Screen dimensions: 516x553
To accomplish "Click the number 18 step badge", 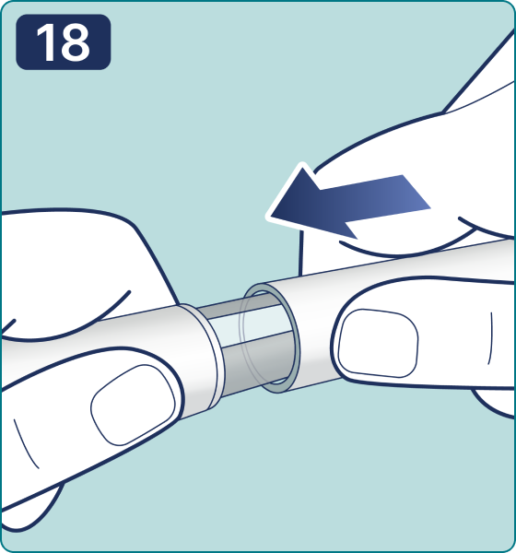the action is [x=64, y=42].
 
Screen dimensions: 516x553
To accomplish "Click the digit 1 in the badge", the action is [x=45, y=42].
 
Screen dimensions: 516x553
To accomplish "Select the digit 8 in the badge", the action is [x=76, y=42].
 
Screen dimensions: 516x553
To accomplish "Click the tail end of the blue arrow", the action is [x=416, y=193].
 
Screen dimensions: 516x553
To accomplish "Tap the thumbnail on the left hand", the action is [x=133, y=405].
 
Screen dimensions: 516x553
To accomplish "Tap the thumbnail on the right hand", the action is [x=378, y=343].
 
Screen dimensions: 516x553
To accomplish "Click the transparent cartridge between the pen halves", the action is [x=247, y=344].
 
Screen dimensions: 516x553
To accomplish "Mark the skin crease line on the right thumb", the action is [x=490, y=338].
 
